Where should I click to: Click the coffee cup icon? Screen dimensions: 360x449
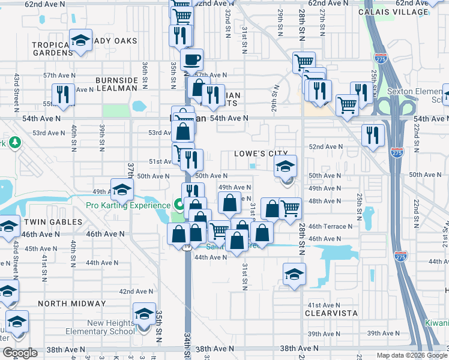click(191, 59)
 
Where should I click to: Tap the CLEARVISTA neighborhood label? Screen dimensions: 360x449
click(331, 313)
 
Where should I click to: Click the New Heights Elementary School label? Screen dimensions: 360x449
click(111, 327)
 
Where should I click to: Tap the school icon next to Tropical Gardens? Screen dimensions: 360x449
click(80, 40)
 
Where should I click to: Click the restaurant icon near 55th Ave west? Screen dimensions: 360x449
click(62, 94)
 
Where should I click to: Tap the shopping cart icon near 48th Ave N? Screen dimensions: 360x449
click(290, 208)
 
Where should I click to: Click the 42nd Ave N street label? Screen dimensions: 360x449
click(134, 291)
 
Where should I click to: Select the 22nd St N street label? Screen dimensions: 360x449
click(415, 211)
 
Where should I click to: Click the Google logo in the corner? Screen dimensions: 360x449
click(20, 353)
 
